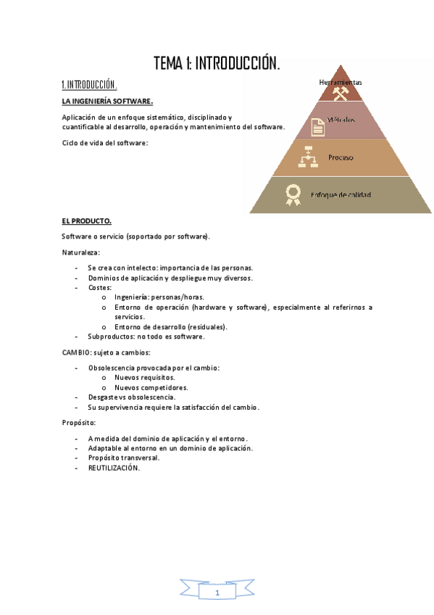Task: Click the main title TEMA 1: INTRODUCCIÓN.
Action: (x=217, y=64)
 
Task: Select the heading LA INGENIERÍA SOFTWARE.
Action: (x=107, y=101)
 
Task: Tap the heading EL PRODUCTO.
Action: (x=86, y=220)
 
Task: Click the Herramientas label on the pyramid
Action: (x=341, y=82)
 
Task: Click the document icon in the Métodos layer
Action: (x=317, y=126)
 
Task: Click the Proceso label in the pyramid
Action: (x=341, y=157)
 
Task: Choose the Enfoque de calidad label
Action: (x=341, y=195)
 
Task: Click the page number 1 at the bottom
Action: (x=217, y=593)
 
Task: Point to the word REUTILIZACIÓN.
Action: (x=114, y=468)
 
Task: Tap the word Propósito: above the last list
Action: (x=78, y=422)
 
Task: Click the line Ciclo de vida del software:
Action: (x=104, y=143)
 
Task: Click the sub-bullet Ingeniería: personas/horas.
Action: (x=159, y=297)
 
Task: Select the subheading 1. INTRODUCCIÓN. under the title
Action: (x=89, y=84)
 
